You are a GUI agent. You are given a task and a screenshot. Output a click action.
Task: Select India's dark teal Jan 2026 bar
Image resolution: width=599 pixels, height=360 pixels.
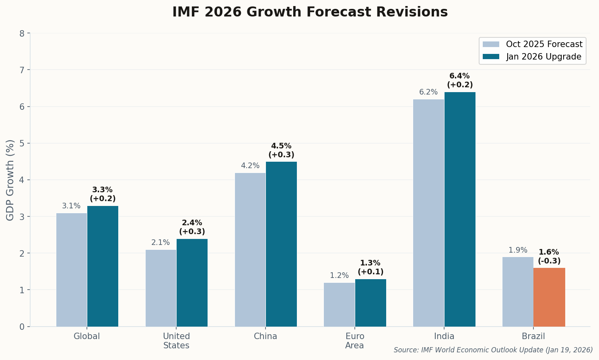[x=460, y=209]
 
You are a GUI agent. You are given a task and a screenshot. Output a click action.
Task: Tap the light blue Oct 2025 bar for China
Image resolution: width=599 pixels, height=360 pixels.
[x=250, y=249]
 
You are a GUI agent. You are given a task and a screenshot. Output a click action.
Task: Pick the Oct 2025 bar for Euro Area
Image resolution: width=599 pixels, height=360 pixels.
[x=339, y=304]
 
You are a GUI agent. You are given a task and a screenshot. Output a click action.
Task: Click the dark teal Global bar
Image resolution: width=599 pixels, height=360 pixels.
[x=103, y=266]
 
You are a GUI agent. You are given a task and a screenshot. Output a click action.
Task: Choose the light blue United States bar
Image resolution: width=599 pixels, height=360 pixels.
[x=161, y=288]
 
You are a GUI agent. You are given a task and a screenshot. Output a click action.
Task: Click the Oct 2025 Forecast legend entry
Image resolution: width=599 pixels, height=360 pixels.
[x=532, y=44]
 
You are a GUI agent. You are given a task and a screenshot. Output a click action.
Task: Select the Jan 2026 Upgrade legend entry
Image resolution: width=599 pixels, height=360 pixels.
[x=532, y=57]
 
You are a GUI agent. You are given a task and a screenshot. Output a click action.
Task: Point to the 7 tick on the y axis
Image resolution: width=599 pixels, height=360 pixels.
[x=22, y=70]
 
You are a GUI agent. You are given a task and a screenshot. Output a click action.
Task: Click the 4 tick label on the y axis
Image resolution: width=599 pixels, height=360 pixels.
[x=22, y=180]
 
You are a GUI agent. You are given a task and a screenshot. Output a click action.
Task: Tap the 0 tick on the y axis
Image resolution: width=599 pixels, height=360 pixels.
[x=22, y=327]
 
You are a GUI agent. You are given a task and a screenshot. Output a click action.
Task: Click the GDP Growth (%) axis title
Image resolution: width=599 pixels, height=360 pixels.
[x=10, y=180]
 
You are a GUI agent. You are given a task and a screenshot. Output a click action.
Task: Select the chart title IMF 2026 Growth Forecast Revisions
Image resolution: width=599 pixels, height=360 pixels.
[x=310, y=12]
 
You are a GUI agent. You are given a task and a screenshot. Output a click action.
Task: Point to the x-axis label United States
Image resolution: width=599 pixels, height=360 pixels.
[x=176, y=341]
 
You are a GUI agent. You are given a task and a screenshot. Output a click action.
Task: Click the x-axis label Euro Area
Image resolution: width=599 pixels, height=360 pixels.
[x=354, y=341]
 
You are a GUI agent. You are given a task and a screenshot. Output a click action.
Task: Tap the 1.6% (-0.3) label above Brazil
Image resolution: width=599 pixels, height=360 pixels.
[x=549, y=257]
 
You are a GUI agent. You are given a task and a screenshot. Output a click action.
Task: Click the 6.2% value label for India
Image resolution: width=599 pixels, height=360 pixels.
[x=428, y=92]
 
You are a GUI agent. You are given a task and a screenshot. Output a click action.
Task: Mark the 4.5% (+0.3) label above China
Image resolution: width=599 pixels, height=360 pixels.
[x=281, y=150]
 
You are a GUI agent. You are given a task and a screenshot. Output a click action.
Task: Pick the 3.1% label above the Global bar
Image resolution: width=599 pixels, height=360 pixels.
[x=71, y=206]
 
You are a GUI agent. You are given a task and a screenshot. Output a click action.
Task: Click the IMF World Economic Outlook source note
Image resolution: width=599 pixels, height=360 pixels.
[x=493, y=350]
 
